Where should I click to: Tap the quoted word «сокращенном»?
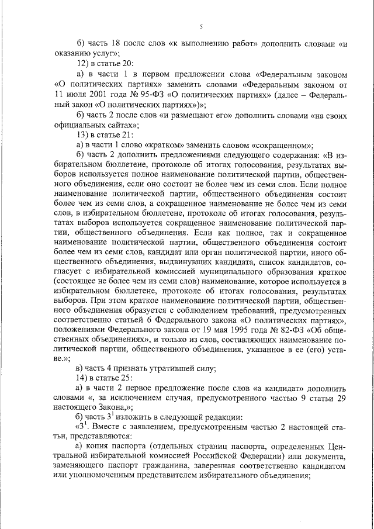pyautogui.click(x=282, y=145)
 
